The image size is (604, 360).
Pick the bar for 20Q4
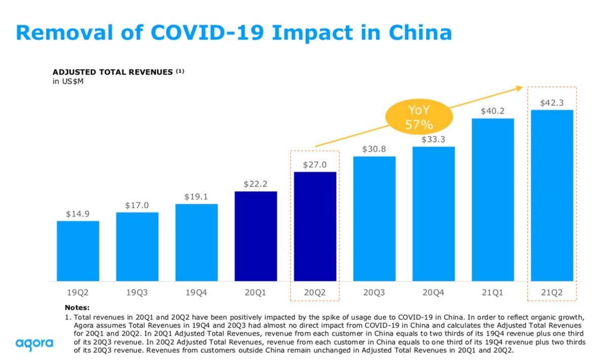(x=433, y=213)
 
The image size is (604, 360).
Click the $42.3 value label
(x=552, y=103)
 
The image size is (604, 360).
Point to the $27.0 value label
(x=315, y=165)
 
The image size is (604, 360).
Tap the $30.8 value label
(x=374, y=150)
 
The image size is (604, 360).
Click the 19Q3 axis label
(x=137, y=292)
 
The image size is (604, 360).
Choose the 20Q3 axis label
(x=374, y=292)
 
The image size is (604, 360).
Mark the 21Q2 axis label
(x=552, y=292)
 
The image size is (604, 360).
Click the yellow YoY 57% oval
(x=419, y=118)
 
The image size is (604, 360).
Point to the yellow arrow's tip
(x=522, y=88)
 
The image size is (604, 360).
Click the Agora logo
(x=34, y=343)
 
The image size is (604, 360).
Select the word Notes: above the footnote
(x=77, y=307)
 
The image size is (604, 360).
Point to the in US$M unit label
(x=68, y=81)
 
